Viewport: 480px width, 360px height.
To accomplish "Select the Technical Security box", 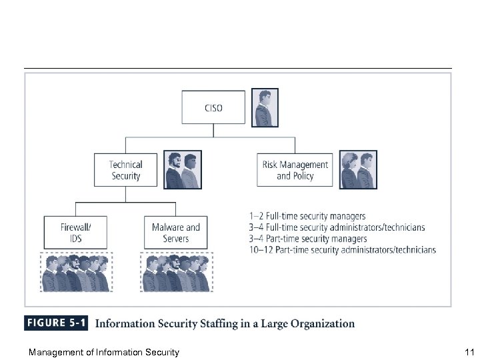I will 126,170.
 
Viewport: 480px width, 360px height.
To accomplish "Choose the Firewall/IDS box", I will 75,233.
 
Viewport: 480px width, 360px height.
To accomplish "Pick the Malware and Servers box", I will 175,233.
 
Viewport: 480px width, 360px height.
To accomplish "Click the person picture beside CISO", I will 266,108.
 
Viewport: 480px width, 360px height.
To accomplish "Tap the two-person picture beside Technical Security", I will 182,169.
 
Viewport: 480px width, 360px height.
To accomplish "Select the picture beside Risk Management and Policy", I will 358,169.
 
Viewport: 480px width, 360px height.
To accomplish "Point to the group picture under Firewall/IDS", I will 75,272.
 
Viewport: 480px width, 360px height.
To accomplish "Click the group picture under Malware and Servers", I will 175,272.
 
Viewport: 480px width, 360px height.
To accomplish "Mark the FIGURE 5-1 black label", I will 56,324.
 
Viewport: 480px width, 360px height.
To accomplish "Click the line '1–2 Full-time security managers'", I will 307,216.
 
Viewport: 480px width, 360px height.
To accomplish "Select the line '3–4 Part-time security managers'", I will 307,239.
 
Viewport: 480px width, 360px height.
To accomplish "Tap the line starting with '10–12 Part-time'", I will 341,250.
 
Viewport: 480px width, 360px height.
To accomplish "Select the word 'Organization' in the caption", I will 321,324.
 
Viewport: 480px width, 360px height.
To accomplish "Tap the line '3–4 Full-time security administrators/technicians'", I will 336,227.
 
